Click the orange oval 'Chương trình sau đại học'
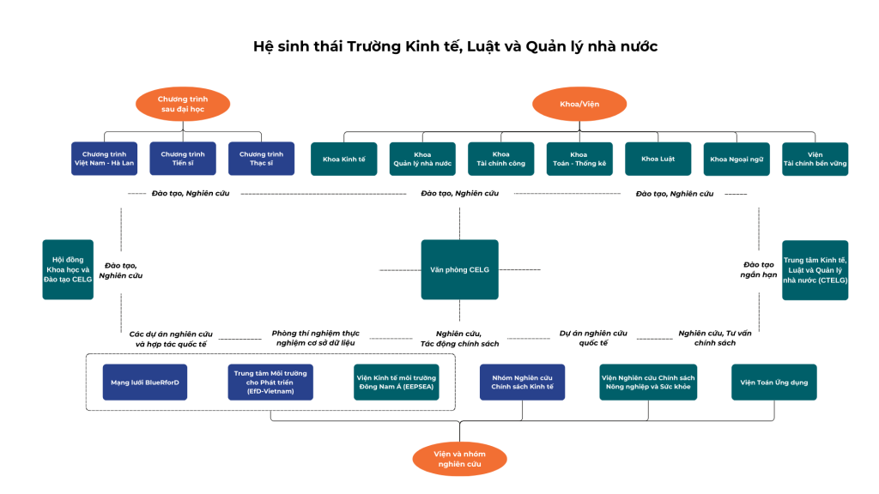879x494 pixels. coord(183,104)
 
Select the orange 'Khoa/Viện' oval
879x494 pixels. coord(579,104)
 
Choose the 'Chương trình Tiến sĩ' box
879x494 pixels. coord(183,159)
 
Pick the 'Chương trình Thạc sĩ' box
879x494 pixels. coord(261,159)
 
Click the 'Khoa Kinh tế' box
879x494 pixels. coord(343,159)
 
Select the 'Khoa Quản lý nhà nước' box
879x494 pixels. coord(422,159)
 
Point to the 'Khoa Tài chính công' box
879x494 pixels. coord(500,159)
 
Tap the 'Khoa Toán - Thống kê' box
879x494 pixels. coord(579,159)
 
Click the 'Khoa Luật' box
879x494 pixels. coord(658,159)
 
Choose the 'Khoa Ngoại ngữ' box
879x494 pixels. coord(737,159)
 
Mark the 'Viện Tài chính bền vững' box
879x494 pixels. coord(815,159)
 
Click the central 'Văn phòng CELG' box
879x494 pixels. coord(459,269)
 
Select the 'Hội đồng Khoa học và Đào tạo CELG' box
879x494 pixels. coord(69,269)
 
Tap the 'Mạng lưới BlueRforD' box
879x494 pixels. coord(145,382)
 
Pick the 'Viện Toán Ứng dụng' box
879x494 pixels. coord(773,382)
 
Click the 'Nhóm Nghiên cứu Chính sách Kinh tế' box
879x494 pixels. coord(522,382)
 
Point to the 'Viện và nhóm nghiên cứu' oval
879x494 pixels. coord(459,458)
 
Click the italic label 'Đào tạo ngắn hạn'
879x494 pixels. coord(758,269)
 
